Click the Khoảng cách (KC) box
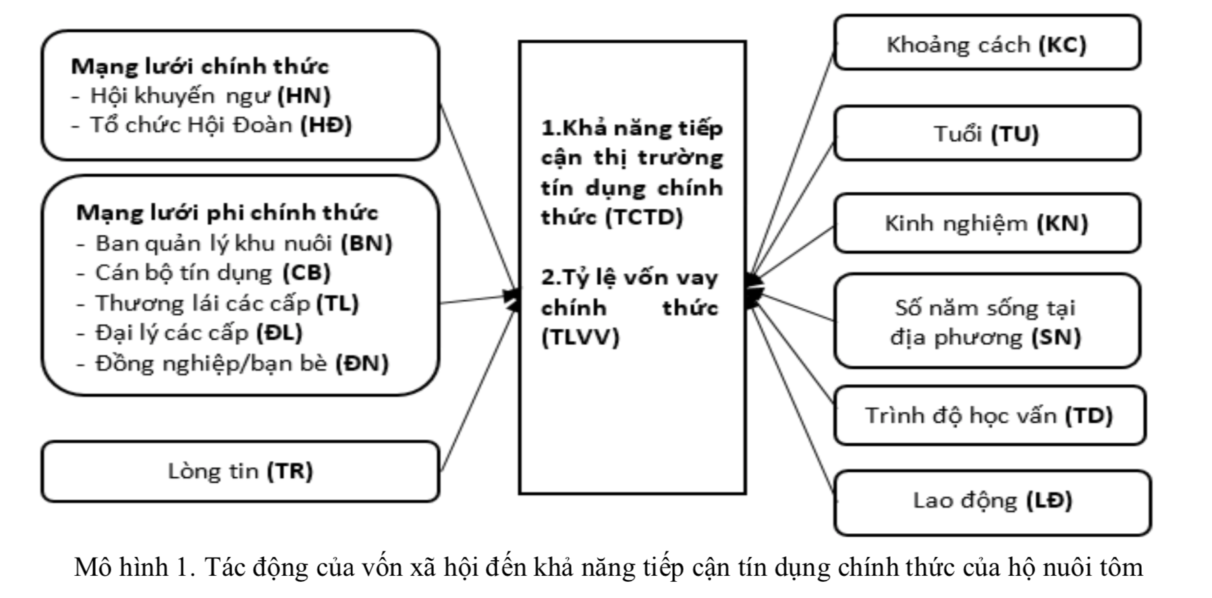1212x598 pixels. point(987,43)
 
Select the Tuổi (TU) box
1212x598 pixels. point(987,133)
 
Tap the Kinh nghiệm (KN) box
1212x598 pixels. point(987,223)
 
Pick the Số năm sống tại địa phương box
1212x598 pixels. point(987,321)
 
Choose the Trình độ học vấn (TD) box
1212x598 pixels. point(989,415)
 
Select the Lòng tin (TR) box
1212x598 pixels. point(240,471)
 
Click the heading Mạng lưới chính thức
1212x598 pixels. point(200,66)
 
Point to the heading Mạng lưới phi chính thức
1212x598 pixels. point(227,213)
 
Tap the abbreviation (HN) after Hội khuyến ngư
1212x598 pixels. point(304,96)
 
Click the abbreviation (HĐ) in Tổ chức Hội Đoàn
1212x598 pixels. point(326,126)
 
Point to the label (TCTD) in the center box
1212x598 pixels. point(644,217)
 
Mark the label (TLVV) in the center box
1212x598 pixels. point(580,337)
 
